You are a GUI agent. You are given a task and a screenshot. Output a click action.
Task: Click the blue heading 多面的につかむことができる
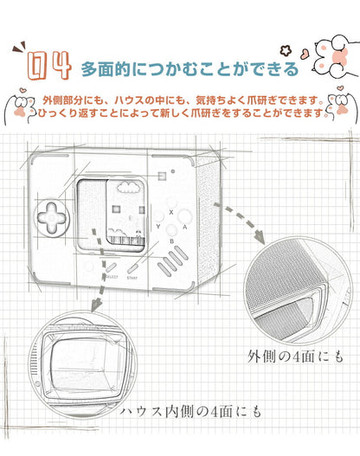(190, 68)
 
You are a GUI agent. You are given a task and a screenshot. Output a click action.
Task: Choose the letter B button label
(171, 241)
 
